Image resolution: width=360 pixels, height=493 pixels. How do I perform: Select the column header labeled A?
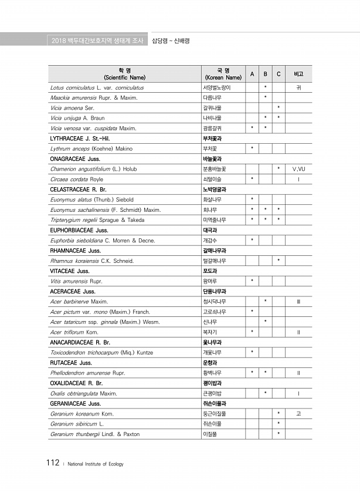tap(252, 74)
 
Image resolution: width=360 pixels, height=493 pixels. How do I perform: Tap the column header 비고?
tap(298, 74)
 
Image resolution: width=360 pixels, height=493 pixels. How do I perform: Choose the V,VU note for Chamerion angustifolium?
tap(298, 169)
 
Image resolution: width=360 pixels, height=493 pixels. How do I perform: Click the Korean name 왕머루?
tap(209, 281)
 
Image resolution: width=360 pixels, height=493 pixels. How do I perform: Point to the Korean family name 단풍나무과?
tap(214, 291)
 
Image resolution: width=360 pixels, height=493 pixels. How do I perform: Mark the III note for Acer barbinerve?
tap(298, 302)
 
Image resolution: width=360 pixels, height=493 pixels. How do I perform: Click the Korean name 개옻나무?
tap(212, 352)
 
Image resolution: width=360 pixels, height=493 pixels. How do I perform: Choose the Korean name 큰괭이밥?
tap(212, 393)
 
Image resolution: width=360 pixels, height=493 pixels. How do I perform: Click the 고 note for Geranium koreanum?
tap(298, 414)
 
